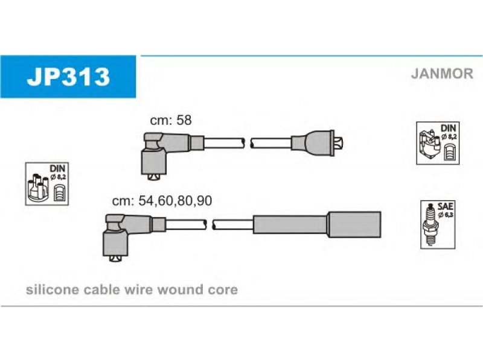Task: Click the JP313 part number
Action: click(68, 77)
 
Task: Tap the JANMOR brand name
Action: click(442, 74)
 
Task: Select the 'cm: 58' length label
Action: click(171, 120)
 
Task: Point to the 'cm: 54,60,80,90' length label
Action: click(162, 201)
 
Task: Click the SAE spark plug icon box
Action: click(438, 224)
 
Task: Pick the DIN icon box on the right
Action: click(438, 143)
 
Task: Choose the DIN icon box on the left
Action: click(47, 184)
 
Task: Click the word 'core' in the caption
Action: click(222, 291)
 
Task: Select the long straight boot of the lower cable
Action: click(317, 224)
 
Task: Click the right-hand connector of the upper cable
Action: click(318, 143)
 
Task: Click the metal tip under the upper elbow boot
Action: click(153, 177)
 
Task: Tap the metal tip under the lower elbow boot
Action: click(115, 259)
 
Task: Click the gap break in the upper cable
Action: click(248, 143)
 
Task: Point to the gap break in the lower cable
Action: click(210, 224)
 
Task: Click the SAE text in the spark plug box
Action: click(445, 206)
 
